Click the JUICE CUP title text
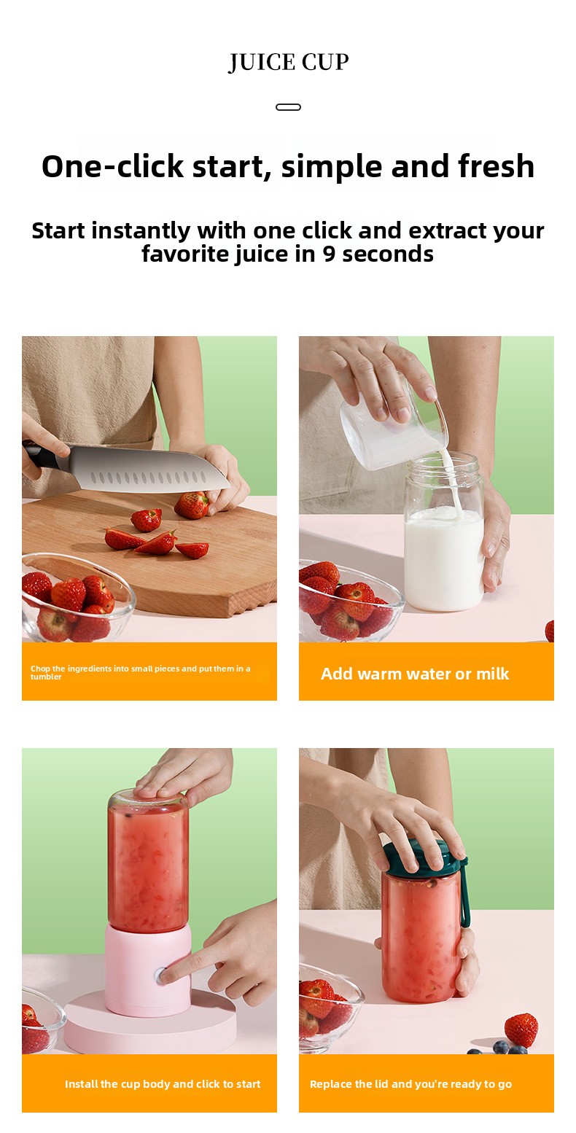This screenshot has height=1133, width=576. coord(288,63)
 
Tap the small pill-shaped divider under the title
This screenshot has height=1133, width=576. coord(288,106)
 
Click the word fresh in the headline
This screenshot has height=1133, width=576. coord(496,166)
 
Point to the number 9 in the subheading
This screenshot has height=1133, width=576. coord(329,254)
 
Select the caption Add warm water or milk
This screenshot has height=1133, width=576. coord(415,674)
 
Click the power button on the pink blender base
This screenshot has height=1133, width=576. coord(162,976)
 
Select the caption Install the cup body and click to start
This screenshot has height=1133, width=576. coord(163,1084)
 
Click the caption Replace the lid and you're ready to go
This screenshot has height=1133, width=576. coord(410,1084)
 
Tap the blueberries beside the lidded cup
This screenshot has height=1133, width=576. coord(498,1048)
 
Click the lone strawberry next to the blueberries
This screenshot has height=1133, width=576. coord(521,1030)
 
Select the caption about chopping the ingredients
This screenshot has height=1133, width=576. coord(140,672)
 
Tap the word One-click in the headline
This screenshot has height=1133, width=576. coord(112,166)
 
